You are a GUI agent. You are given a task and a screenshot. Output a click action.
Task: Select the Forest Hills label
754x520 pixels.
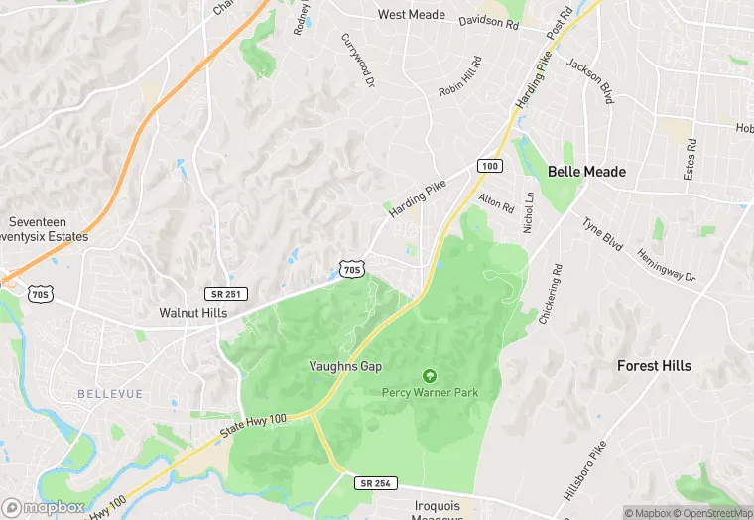click(x=654, y=366)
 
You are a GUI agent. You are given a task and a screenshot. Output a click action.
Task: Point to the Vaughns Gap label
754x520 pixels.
click(x=344, y=366)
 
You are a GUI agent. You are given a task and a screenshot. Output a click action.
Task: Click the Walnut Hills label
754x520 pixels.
click(x=192, y=312)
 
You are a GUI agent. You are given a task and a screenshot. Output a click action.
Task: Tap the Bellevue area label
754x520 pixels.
click(x=110, y=394)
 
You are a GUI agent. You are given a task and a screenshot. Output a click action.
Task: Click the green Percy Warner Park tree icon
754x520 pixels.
click(x=430, y=376)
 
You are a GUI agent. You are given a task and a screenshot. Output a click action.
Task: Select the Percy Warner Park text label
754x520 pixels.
click(x=430, y=393)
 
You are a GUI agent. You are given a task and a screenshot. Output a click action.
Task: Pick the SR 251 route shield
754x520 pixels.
click(x=227, y=294)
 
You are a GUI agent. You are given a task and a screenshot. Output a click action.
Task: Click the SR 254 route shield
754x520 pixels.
click(x=375, y=482)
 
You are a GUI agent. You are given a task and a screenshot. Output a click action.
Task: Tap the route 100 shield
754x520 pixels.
click(x=489, y=165)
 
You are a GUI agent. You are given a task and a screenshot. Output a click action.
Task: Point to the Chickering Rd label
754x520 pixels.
click(x=551, y=295)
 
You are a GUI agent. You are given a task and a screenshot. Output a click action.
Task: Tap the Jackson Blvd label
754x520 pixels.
click(x=589, y=80)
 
